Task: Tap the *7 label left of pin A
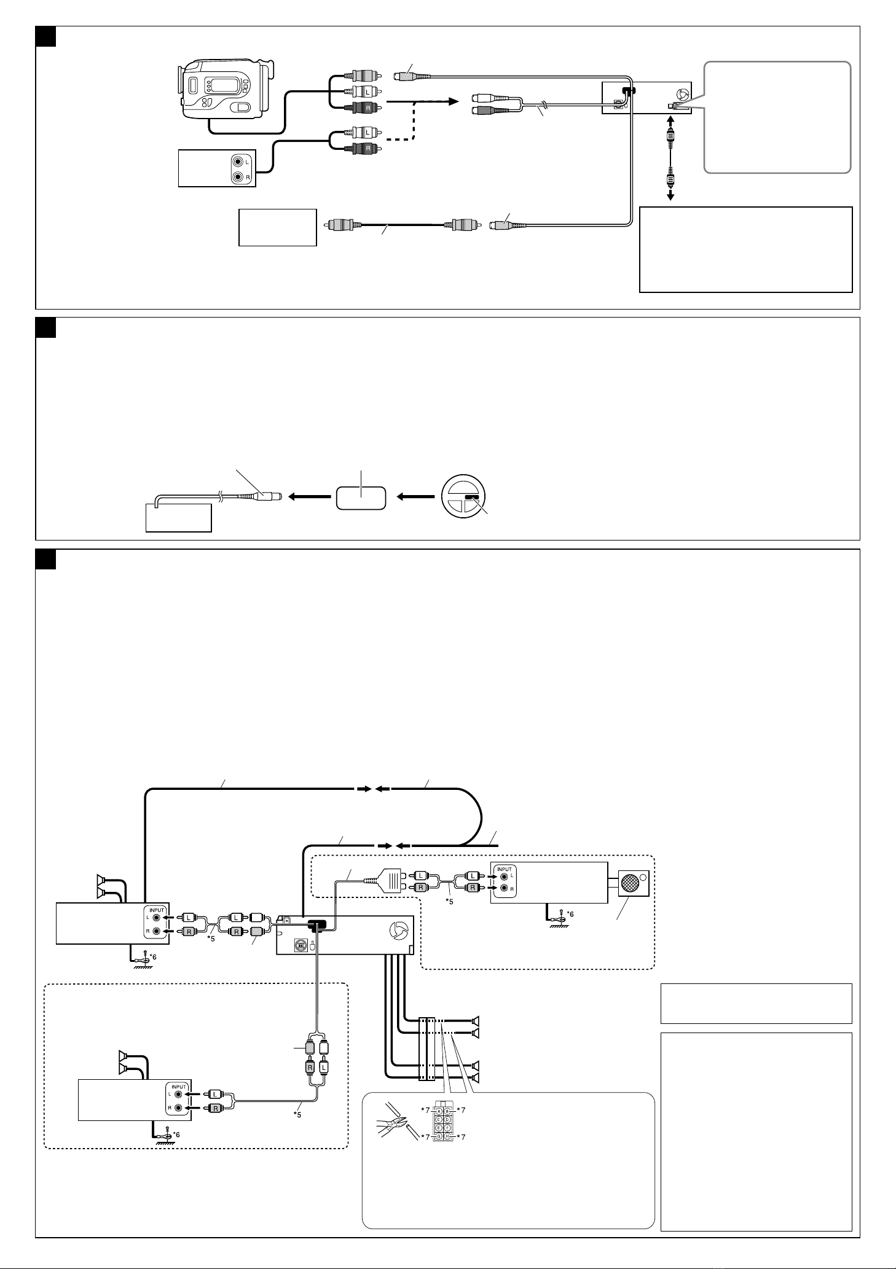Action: [x=423, y=1110]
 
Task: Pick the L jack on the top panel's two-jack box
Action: [x=238, y=163]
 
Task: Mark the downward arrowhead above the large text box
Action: [x=671, y=196]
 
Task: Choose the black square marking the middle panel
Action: [x=45, y=327]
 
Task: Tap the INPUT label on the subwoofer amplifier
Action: [x=505, y=869]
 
